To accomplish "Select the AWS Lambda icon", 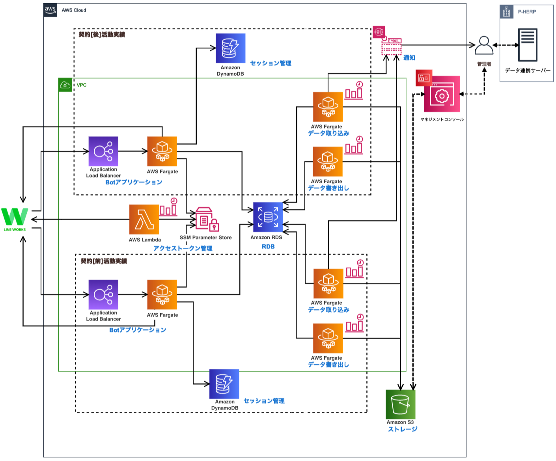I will (x=144, y=219).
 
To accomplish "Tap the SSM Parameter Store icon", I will (x=207, y=219).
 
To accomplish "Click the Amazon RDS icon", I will (x=268, y=217).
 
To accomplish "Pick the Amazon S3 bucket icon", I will (x=400, y=404).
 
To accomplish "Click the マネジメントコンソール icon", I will (x=442, y=94).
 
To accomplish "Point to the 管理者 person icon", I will (x=484, y=46).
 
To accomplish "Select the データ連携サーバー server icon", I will (x=528, y=45).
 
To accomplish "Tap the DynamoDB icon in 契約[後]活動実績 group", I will (x=230, y=48).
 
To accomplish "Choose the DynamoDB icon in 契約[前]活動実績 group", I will (x=224, y=384).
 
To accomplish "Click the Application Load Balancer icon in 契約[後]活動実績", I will (x=103, y=151).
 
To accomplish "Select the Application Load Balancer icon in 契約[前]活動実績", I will (x=103, y=294).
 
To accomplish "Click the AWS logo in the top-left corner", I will (x=50, y=10).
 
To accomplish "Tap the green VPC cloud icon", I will (x=65, y=85).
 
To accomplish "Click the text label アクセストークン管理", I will (x=183, y=248).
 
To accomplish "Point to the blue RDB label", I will (x=268, y=246).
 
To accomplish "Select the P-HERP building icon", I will (x=507, y=12).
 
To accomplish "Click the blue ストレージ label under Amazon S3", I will (x=402, y=429).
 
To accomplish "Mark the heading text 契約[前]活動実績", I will (x=104, y=261).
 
